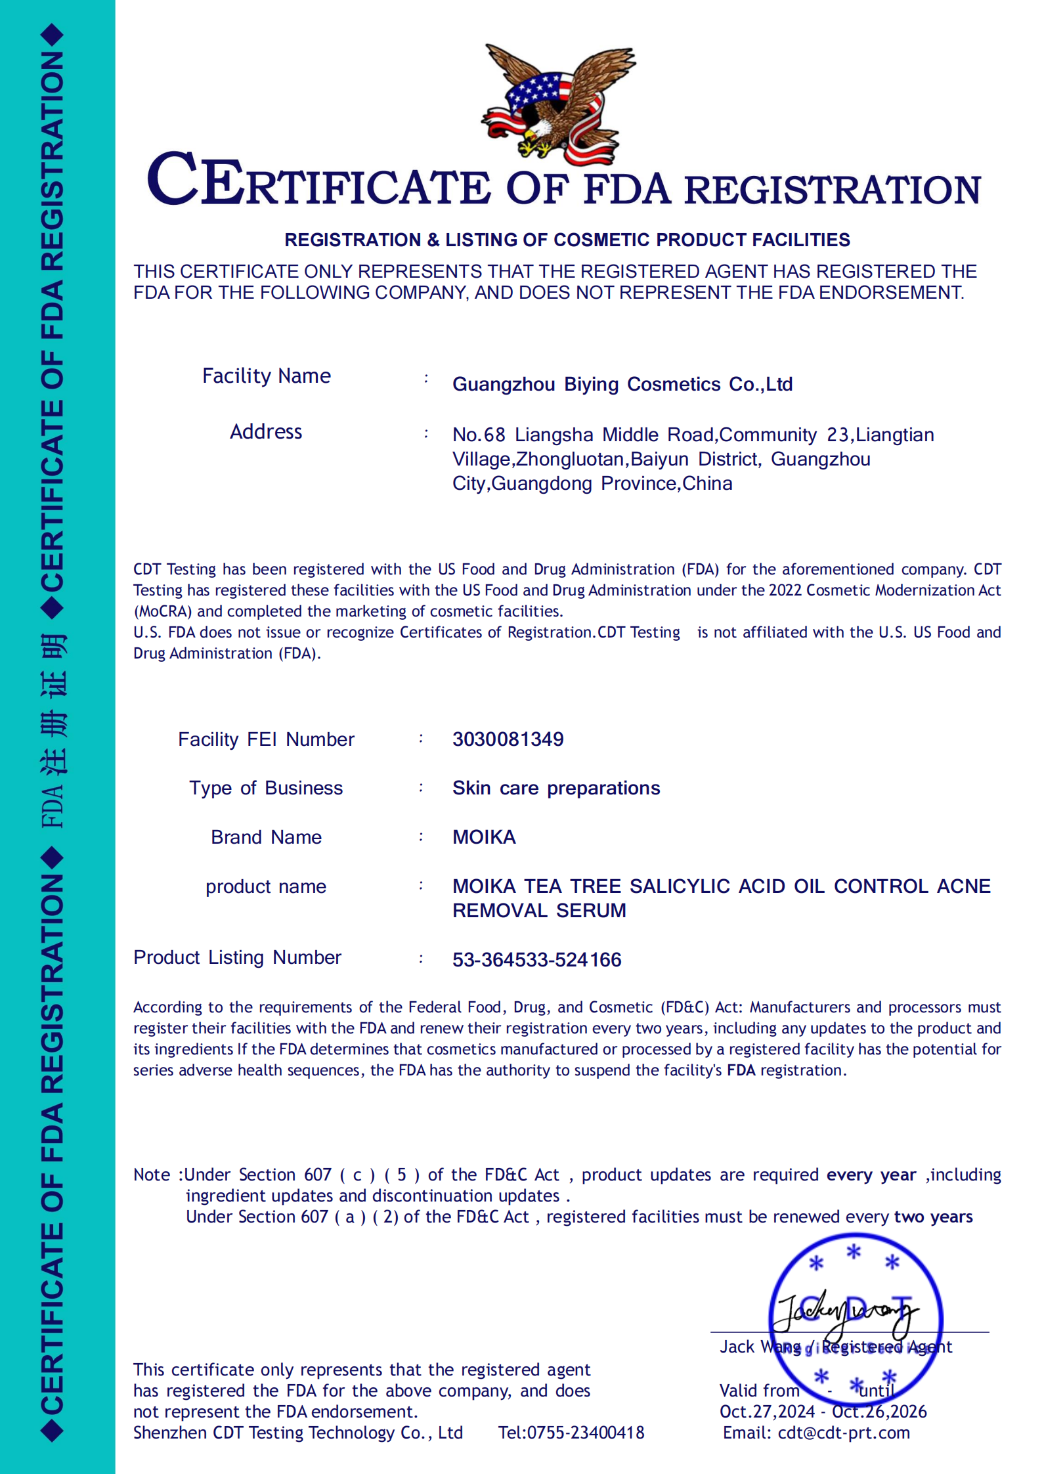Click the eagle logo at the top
(x=559, y=105)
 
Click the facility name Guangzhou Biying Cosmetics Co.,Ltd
(x=622, y=384)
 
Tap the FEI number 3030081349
(x=508, y=739)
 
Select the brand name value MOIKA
(x=484, y=837)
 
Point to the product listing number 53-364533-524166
(x=536, y=960)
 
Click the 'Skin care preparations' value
(x=555, y=788)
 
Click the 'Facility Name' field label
(x=266, y=376)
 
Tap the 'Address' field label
(x=266, y=432)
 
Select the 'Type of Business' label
(x=266, y=788)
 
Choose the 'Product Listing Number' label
(x=237, y=958)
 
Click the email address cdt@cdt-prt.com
(x=844, y=1433)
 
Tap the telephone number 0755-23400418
(x=586, y=1433)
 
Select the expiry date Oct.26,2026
(x=879, y=1412)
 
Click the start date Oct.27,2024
(x=767, y=1412)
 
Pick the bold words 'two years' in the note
(x=933, y=1217)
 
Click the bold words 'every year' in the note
(x=871, y=1175)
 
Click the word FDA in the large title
(x=627, y=190)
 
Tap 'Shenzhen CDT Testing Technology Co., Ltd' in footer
(x=298, y=1433)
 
